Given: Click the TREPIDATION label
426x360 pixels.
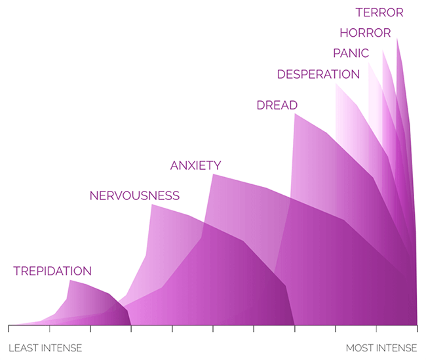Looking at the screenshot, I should point(52,271).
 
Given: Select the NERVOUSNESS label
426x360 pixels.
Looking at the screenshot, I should point(134,195).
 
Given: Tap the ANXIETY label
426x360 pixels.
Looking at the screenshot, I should point(195,165).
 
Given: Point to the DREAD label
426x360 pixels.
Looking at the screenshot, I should point(277,105).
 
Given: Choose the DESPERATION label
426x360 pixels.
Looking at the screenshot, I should point(319,74).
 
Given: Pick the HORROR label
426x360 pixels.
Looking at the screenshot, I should point(366,33).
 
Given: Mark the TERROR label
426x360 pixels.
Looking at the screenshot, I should point(379,12).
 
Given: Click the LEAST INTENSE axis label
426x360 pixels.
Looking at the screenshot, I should point(45,348).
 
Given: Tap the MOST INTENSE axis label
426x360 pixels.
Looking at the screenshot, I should point(381,348).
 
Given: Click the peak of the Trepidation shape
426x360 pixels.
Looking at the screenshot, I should point(70,281).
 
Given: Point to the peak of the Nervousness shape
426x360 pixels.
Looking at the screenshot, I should point(152,205).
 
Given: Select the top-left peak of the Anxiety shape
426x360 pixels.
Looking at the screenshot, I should point(213,174).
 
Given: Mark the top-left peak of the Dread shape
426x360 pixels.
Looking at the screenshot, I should point(295,114).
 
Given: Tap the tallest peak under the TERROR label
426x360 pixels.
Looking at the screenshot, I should point(397,39).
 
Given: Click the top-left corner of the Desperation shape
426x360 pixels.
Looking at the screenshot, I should point(336,84).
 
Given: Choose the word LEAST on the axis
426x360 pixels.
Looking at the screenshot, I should point(24,348).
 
